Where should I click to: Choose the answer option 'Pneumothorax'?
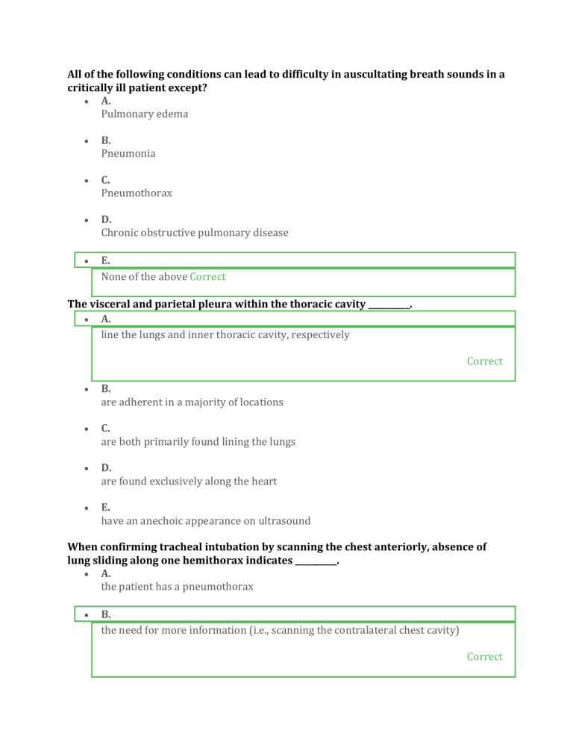pyautogui.click(x=137, y=193)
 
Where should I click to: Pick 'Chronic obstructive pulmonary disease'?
pyautogui.click(x=194, y=232)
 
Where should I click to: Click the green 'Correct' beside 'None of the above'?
pyautogui.click(x=207, y=276)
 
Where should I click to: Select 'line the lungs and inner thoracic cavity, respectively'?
pyautogui.click(x=225, y=335)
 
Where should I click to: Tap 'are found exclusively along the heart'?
pyautogui.click(x=189, y=481)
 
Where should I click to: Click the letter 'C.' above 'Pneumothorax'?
pyautogui.click(x=106, y=180)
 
